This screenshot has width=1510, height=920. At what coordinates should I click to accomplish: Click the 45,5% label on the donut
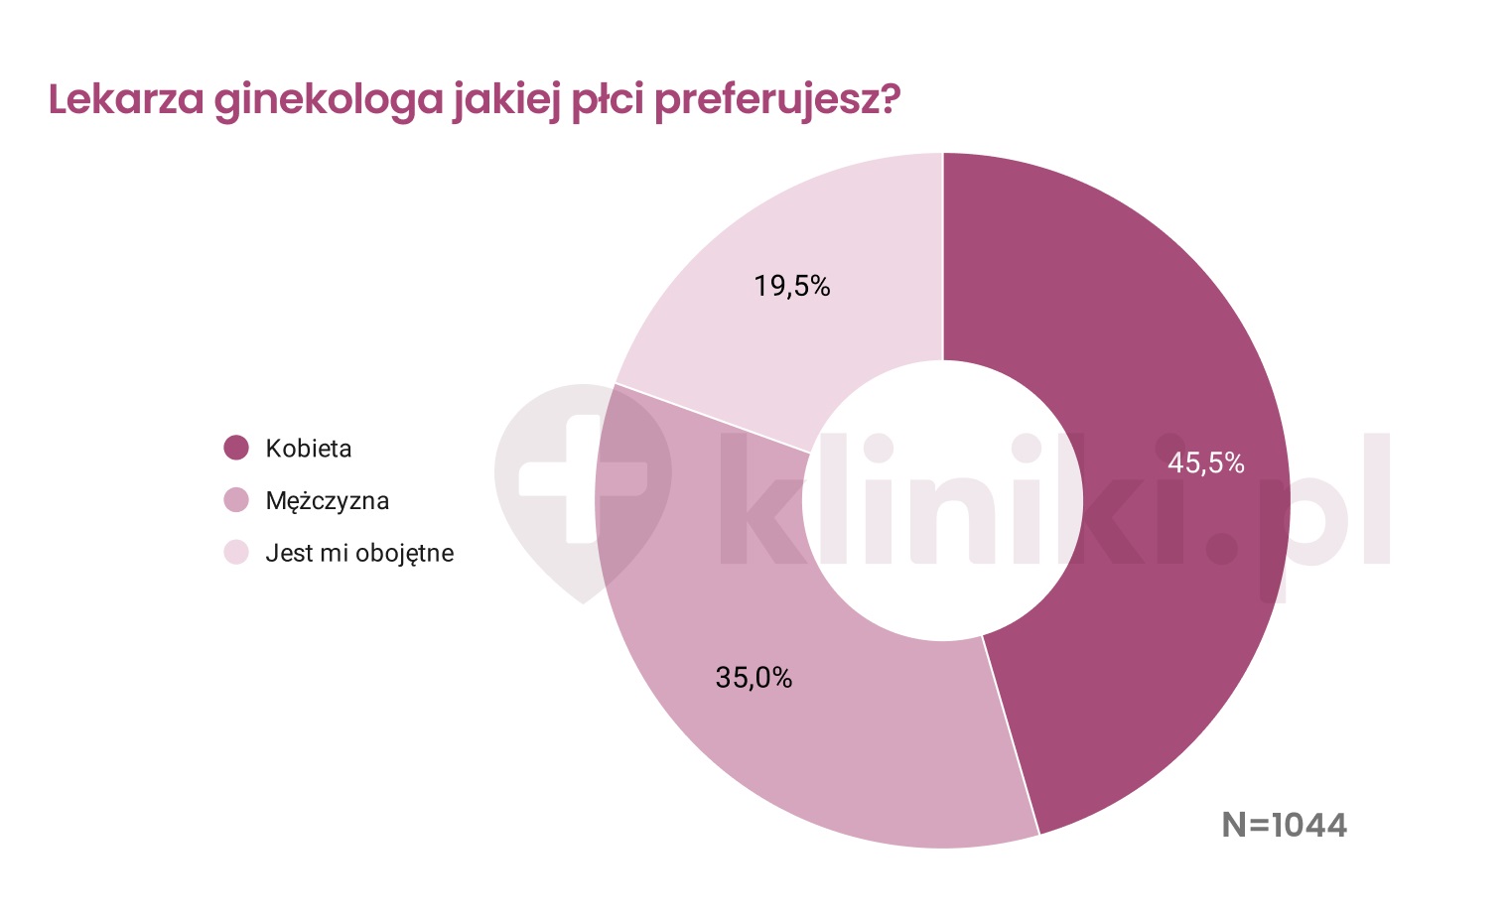point(1205,463)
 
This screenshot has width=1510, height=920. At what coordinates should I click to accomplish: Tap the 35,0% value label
point(754,678)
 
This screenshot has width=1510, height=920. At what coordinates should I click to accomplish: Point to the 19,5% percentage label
point(791,287)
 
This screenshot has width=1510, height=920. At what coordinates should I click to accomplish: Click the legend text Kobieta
point(309,449)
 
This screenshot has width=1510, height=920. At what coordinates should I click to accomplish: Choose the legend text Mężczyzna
point(328,501)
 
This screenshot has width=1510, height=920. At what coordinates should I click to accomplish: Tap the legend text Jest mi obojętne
point(359,554)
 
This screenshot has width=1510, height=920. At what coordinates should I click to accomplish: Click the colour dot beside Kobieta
point(236,449)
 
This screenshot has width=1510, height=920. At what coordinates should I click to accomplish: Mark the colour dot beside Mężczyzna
point(236,501)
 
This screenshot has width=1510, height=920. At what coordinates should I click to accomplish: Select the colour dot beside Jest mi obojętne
point(236,553)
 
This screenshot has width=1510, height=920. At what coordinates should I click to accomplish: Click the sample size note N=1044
point(1284,825)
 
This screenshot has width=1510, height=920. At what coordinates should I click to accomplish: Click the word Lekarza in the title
point(126,100)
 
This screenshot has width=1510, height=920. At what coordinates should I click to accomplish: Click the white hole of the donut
point(942,501)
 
